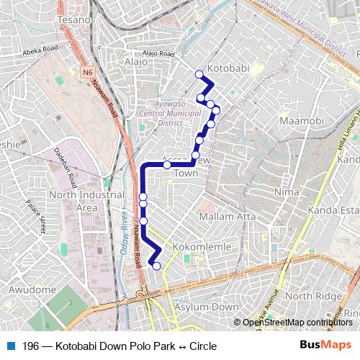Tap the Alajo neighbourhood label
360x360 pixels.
tap(135, 62)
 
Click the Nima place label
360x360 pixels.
tap(287, 192)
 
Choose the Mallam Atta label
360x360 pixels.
tap(227, 216)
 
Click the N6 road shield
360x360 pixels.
tap(88, 72)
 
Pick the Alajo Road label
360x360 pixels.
tap(158, 54)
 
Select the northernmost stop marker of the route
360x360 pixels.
tap(199, 73)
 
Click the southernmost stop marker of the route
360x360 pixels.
tap(156, 266)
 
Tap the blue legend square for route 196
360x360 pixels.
tap(10, 346)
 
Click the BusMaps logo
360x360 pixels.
tap(325, 346)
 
